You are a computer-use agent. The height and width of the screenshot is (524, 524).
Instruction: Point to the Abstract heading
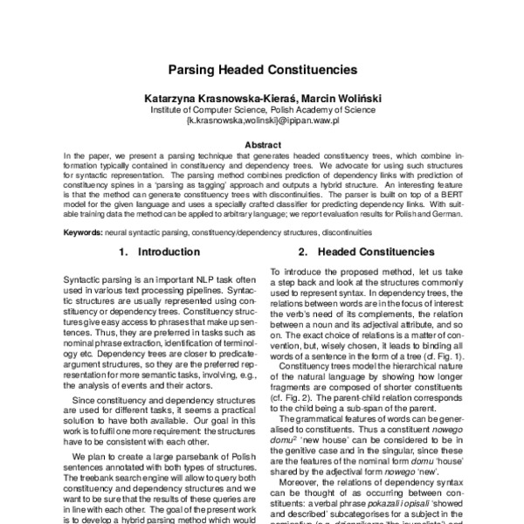pyautogui.click(x=262, y=143)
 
